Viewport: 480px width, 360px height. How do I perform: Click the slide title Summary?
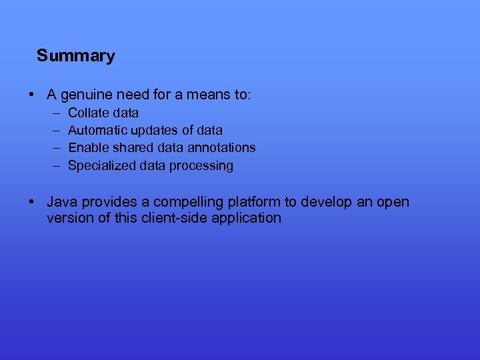[75, 55]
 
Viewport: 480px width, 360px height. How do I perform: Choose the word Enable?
[88, 147]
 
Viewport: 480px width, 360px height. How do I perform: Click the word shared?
[130, 147]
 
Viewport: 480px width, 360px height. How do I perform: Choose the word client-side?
[175, 218]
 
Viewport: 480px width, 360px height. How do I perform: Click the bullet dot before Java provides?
[32, 201]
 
